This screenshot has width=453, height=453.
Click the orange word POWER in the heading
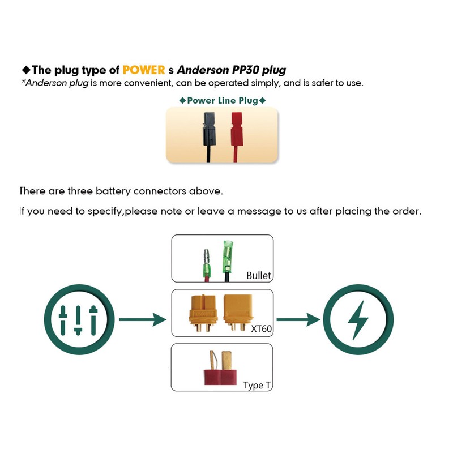143,70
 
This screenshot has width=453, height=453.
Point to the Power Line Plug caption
222,100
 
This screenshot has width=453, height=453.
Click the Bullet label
259,276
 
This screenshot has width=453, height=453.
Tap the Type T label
257,385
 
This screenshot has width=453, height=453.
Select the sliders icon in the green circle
79,320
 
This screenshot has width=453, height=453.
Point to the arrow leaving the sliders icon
142,320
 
